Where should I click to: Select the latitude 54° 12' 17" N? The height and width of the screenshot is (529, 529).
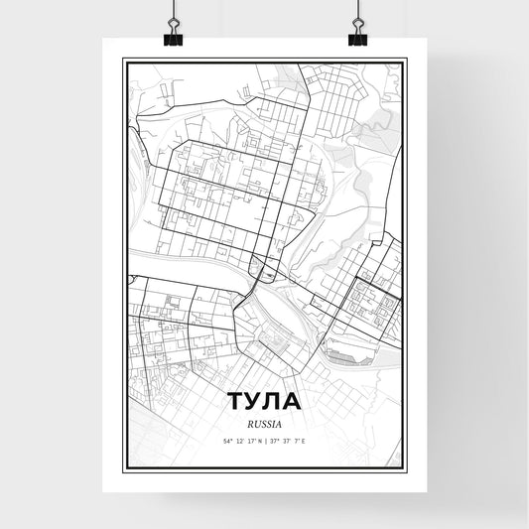pos(240,440)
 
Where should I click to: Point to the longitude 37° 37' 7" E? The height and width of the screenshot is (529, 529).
pos(288,440)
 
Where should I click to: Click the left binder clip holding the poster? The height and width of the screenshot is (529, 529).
pos(173,30)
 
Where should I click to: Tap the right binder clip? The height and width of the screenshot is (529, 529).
pos(356,30)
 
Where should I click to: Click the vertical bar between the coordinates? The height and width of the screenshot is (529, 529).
pos(264,440)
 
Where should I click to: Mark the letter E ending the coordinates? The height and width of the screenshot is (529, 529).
pos(305,440)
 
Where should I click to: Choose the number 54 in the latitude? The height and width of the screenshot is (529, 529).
pos(227,440)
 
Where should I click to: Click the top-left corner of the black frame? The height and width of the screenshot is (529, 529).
pos(123,61)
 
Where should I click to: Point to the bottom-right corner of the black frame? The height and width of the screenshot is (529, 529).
pos(406,470)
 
